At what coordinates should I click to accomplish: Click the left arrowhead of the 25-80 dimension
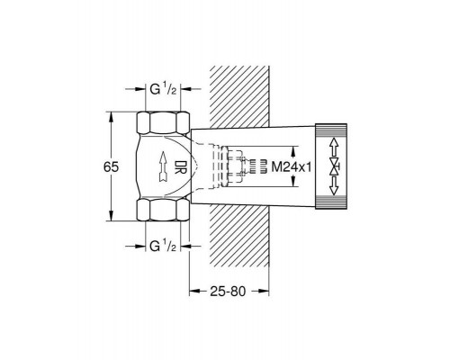pyautogui.click(x=192, y=292)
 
